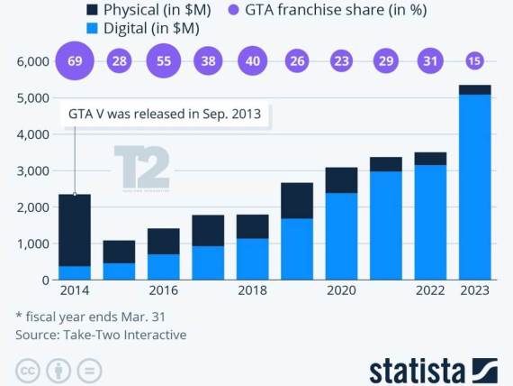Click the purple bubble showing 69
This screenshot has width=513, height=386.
pos(75,61)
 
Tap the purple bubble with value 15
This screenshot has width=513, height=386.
pos(473,61)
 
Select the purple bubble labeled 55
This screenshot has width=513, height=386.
pos(163,61)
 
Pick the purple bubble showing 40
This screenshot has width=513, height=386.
pos(252,61)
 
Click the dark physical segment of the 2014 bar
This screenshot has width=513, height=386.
pos(75,229)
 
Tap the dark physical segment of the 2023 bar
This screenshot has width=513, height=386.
pos(474,89)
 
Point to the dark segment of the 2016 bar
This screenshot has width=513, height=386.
pos(163,241)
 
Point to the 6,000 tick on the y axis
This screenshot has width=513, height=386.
pos(31,61)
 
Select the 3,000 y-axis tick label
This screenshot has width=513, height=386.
pos(31,170)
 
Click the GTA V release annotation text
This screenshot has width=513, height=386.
pos(166,115)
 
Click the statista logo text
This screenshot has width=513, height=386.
pos(417,370)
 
